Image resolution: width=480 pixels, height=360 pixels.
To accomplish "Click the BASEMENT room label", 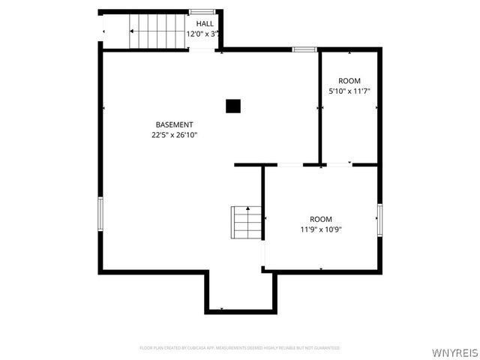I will coord(174,124).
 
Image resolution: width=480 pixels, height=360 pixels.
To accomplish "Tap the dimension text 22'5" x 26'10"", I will coord(174,135).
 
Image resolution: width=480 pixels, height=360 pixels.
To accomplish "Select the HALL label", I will coord(205,24).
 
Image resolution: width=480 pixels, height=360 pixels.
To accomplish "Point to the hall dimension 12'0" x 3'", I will coord(202,34).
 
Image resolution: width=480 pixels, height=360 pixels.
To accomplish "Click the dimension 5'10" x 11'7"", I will coord(349,91).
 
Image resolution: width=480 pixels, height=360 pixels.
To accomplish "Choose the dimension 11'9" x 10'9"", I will coord(321,229).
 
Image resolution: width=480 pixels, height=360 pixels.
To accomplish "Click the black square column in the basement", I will coord(233,106).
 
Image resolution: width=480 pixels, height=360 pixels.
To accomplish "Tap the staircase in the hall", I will coord(157,31).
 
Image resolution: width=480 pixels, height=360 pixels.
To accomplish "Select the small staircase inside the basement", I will coord(246,222).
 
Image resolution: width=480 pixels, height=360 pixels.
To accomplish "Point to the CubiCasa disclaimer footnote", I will coord(240,348).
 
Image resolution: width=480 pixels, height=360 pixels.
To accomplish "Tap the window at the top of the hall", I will coord(199,11).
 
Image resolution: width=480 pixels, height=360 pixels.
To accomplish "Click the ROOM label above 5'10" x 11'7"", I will coord(349,81).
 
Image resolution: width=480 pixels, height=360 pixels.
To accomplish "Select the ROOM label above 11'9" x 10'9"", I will coord(321,219).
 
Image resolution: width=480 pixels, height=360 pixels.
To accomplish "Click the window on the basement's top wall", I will coord(304,49).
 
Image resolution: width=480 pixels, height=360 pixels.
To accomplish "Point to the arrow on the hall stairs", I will coord(133,31).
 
